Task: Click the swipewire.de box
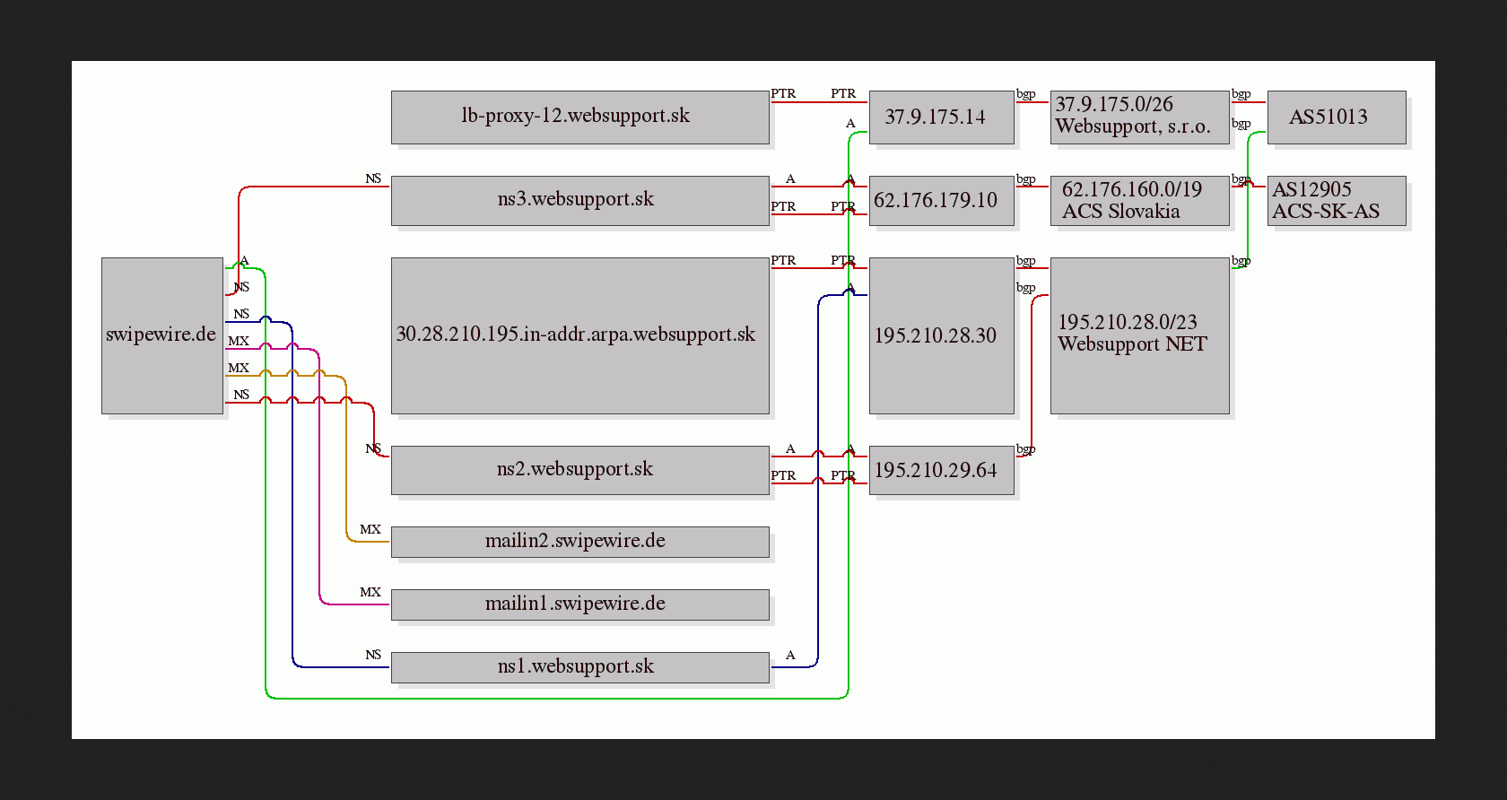(x=162, y=335)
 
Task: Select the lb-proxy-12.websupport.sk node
(x=579, y=117)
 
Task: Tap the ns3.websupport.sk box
(x=579, y=201)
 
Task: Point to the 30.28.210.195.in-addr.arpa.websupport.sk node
(x=579, y=335)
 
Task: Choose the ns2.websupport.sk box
(x=579, y=470)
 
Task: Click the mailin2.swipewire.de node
(x=579, y=542)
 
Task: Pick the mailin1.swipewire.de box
(x=579, y=604)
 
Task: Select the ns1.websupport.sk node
(x=579, y=666)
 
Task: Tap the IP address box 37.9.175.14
(x=941, y=117)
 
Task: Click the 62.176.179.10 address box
(x=941, y=201)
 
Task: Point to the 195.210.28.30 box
(x=941, y=335)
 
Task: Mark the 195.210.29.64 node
(x=941, y=470)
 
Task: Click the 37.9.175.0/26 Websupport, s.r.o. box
(x=1139, y=117)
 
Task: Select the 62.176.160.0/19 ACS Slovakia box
(x=1139, y=201)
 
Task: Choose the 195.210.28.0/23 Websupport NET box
(x=1139, y=335)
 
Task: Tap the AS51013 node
(x=1337, y=117)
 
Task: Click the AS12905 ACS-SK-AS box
(x=1337, y=201)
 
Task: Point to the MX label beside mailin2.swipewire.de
(x=370, y=529)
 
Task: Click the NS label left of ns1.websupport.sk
(x=373, y=655)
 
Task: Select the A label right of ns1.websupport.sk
(x=790, y=655)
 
